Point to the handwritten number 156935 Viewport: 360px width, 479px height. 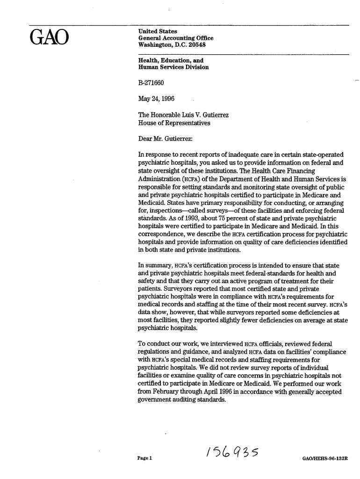pos(226,452)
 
